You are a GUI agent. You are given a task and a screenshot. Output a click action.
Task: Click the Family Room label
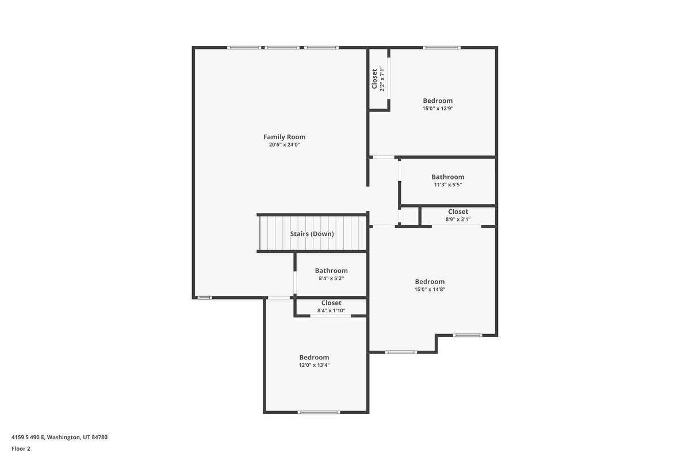[x=284, y=137]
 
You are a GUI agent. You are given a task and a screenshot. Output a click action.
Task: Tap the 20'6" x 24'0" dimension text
[x=284, y=144]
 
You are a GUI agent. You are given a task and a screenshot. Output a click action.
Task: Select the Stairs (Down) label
[x=312, y=234]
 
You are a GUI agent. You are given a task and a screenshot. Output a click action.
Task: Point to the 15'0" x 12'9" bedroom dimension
[x=438, y=109]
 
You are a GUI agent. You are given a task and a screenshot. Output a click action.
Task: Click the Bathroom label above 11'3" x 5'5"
[x=448, y=177]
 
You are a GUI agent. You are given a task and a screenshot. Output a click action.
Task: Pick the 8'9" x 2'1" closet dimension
[x=458, y=220]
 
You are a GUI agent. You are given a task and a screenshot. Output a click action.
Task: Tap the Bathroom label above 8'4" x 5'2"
[x=331, y=270]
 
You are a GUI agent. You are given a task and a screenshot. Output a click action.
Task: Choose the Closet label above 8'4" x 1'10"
[x=331, y=303]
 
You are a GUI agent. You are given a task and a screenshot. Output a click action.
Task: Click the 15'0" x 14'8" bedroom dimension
[x=430, y=289]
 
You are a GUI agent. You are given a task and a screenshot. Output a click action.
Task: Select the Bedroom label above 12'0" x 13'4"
[x=314, y=358]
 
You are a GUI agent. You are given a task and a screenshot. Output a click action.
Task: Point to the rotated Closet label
[x=374, y=79]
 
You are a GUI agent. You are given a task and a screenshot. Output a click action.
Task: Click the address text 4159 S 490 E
[x=28, y=437]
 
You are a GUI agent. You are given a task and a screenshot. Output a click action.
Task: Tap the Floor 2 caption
[x=21, y=449]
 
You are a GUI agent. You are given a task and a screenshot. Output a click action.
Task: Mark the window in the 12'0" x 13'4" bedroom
[x=319, y=412]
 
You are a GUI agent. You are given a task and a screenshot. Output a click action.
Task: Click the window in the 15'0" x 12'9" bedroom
[x=442, y=48]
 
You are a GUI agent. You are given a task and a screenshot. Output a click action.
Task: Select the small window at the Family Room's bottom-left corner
[x=205, y=298]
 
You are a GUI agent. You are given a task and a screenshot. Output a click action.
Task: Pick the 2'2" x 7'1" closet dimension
[x=382, y=79]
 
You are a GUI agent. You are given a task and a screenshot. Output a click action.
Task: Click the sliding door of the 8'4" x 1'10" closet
[x=331, y=316]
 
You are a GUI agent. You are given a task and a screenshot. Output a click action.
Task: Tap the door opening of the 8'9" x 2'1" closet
[x=457, y=227]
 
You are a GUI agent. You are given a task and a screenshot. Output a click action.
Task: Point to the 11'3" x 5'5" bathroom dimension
[x=448, y=185]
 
